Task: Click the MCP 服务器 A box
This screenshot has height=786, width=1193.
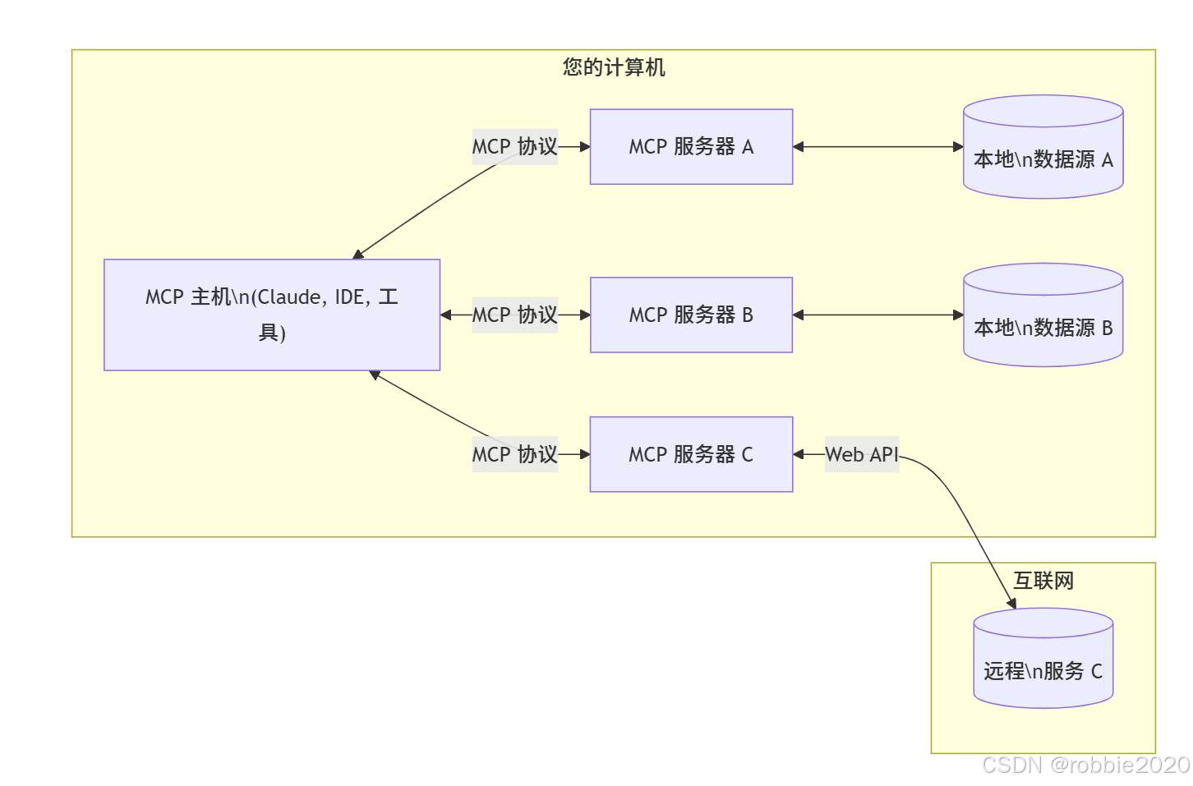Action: (691, 147)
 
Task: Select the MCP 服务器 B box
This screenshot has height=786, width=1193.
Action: (691, 315)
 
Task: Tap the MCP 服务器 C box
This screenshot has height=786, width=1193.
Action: (691, 454)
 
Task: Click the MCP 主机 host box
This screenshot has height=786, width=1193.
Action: (272, 315)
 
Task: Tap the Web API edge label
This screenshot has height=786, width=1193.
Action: (861, 454)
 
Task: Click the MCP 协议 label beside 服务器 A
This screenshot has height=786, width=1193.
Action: (514, 147)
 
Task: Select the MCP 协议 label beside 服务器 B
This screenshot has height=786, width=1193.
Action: (514, 315)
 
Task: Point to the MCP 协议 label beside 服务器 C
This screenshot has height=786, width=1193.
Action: (514, 454)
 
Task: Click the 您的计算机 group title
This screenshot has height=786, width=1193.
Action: (614, 67)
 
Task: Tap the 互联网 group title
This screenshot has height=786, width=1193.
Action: (1043, 581)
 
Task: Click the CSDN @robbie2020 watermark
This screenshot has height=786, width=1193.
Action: (1085, 765)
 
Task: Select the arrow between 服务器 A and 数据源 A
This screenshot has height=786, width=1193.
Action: (877, 147)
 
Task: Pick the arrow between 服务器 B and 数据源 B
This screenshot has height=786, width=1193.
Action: (877, 315)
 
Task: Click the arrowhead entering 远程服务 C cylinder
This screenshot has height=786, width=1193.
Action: (1013, 604)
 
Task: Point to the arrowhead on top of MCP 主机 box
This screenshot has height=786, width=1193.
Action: (357, 255)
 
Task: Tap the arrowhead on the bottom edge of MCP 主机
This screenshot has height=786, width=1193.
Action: (375, 375)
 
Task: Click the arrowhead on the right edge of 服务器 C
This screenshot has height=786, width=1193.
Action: (799, 454)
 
